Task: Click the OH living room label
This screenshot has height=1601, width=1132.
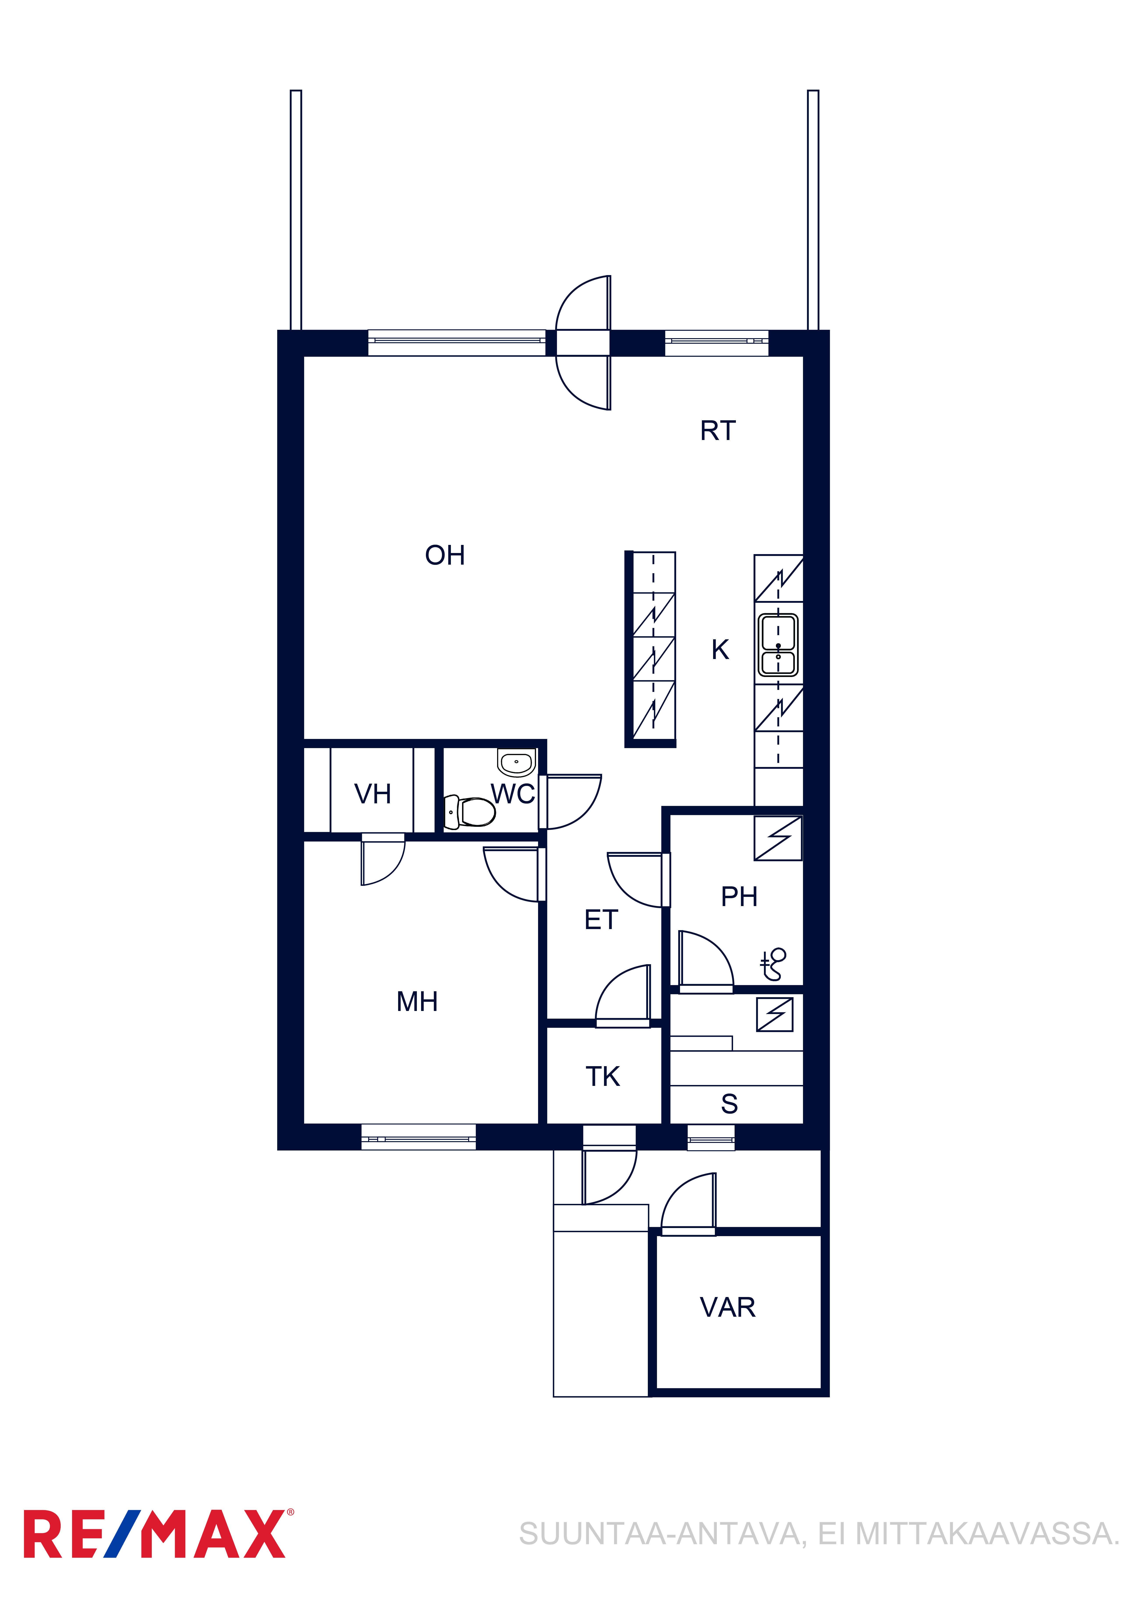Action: (445, 556)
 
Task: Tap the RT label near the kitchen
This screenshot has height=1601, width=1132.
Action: (718, 431)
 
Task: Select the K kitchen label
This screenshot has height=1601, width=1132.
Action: (720, 650)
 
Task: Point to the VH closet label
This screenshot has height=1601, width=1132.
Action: (372, 794)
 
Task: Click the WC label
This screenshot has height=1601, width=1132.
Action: (513, 794)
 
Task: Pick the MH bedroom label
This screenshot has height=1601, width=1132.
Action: (417, 1002)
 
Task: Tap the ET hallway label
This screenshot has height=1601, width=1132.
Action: (601, 921)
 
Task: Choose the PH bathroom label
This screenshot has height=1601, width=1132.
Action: (739, 897)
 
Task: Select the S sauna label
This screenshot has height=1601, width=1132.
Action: (730, 1104)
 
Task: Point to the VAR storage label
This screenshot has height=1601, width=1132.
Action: (728, 1308)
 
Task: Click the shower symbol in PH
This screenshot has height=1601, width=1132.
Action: (774, 964)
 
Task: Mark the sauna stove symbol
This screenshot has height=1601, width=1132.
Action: (775, 1014)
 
